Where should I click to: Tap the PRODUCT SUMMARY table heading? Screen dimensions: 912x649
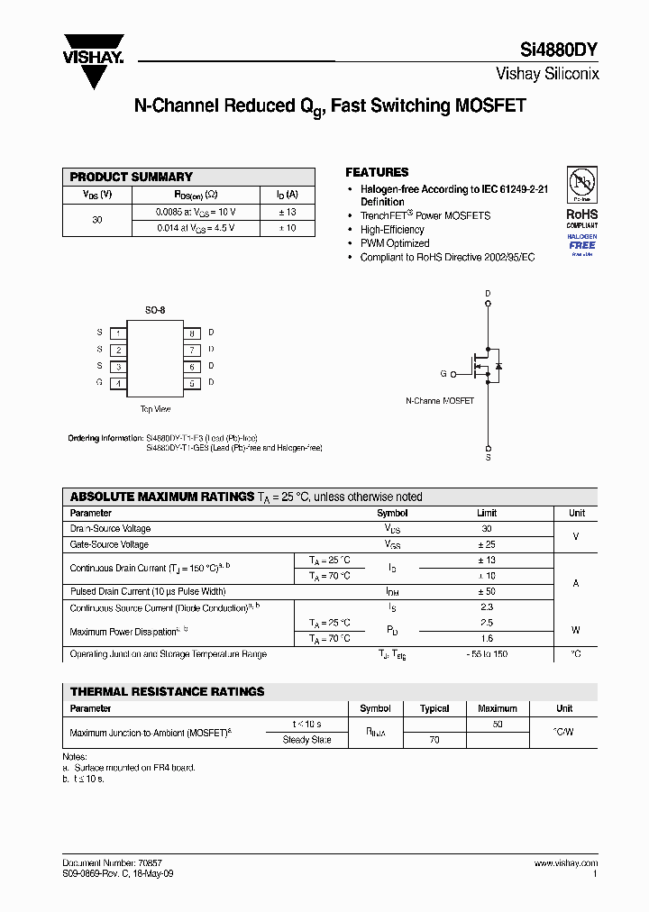(131, 177)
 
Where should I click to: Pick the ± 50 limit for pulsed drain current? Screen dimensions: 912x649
(487, 591)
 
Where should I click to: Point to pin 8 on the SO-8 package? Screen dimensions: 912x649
(191, 333)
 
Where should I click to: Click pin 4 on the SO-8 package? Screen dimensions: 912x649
(118, 383)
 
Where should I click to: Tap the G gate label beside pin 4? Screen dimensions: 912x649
(99, 383)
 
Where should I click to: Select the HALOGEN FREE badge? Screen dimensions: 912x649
(581, 243)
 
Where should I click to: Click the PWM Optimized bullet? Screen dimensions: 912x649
(394, 243)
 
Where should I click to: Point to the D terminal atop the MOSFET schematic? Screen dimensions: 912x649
(488, 295)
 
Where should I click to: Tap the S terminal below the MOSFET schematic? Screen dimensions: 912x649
(488, 458)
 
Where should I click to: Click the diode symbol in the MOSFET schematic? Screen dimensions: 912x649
(498, 367)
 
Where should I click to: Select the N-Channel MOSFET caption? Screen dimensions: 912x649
(439, 400)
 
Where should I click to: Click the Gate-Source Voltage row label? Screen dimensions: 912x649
(109, 544)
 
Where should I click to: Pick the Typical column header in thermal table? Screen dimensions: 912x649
(434, 708)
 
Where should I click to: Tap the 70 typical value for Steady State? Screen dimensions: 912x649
(434, 740)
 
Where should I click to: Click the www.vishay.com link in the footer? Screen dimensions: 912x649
(565, 862)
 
